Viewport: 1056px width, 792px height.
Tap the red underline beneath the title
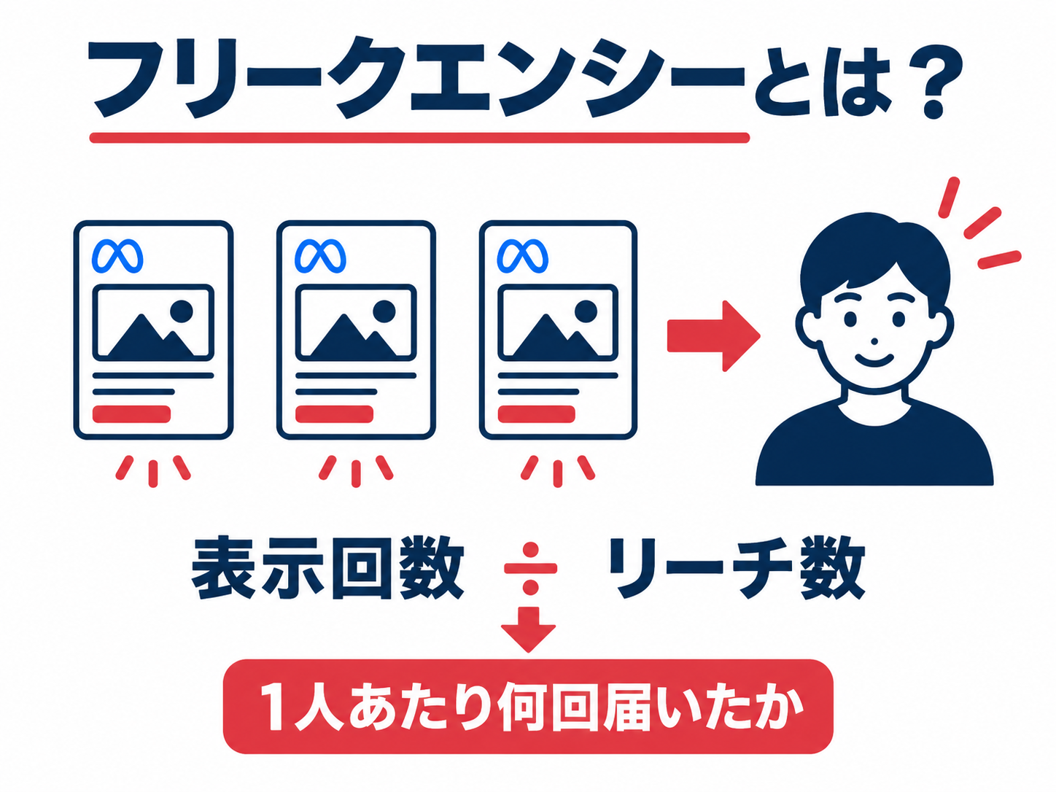(x=419, y=138)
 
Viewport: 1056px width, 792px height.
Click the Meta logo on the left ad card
(x=117, y=256)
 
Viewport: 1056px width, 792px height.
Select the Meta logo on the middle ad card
(x=320, y=256)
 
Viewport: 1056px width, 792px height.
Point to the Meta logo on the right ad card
(x=522, y=256)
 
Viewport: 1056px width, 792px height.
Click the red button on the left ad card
(x=131, y=414)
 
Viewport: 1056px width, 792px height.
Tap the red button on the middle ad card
(x=334, y=414)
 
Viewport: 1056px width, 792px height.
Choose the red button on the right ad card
(x=537, y=414)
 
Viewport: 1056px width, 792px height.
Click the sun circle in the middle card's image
(x=384, y=311)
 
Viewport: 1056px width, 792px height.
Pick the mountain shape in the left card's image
(x=150, y=337)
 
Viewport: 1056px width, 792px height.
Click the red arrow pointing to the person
(x=713, y=336)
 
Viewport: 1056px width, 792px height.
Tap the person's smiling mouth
(x=874, y=360)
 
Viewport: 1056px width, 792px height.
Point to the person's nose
(x=874, y=341)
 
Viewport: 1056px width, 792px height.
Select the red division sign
(x=530, y=568)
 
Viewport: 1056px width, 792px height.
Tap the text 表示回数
(x=327, y=568)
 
